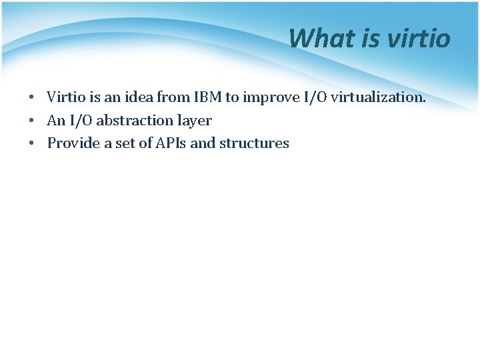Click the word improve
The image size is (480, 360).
[x=271, y=97]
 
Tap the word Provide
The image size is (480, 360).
[x=72, y=143]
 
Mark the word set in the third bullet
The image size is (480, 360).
[x=125, y=143]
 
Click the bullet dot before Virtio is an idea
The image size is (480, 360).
[x=32, y=98]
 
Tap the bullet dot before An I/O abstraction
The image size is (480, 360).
[x=32, y=121]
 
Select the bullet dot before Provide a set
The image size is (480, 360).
[x=32, y=144]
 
